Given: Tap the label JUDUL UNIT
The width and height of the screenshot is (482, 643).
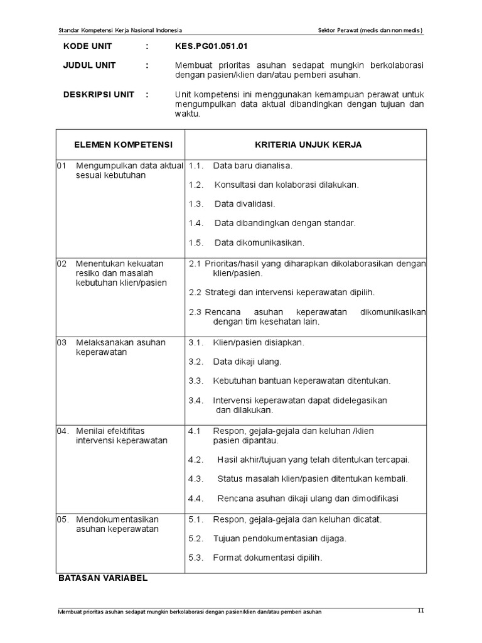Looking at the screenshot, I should point(89,65).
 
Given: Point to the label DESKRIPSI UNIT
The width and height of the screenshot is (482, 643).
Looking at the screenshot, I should point(99,94).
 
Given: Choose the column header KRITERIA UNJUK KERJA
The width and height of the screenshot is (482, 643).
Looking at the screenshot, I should point(308,144).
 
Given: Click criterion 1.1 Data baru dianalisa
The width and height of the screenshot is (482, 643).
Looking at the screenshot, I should point(252,166).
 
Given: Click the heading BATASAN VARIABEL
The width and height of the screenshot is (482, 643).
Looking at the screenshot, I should point(102,577).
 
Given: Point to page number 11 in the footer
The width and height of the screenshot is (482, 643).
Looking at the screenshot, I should point(421,611).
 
